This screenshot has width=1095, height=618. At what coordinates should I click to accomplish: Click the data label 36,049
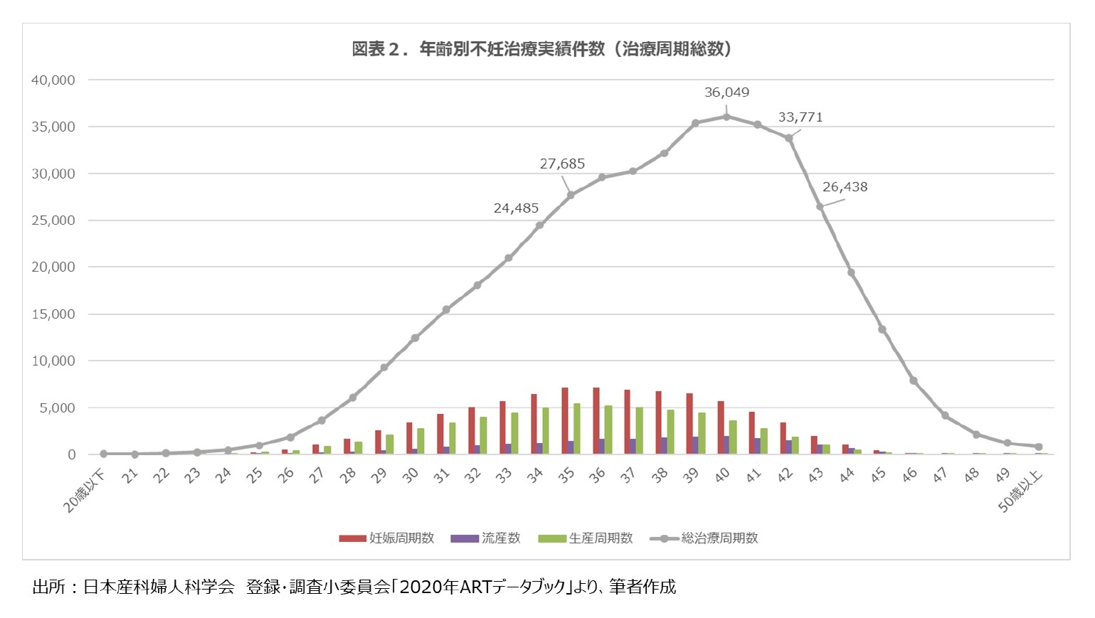click(726, 92)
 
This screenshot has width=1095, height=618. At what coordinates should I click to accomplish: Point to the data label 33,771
click(800, 117)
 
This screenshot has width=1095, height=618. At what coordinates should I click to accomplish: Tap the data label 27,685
click(562, 164)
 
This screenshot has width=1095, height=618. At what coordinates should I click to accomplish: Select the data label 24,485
click(516, 208)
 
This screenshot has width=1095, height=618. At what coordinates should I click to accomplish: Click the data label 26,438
click(845, 187)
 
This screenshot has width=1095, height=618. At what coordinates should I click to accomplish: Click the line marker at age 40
click(726, 117)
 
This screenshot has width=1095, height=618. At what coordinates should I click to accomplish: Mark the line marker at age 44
click(851, 272)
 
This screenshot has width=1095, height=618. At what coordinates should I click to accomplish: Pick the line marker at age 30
click(415, 338)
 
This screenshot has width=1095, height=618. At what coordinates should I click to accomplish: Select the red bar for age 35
click(565, 421)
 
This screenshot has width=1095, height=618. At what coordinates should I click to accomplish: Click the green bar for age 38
click(670, 432)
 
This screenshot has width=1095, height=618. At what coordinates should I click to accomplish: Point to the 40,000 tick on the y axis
click(53, 80)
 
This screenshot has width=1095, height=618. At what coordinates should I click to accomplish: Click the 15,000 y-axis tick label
click(53, 314)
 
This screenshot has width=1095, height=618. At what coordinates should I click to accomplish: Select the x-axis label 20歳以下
click(84, 491)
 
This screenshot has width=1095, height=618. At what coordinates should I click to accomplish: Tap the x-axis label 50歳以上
click(1020, 491)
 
